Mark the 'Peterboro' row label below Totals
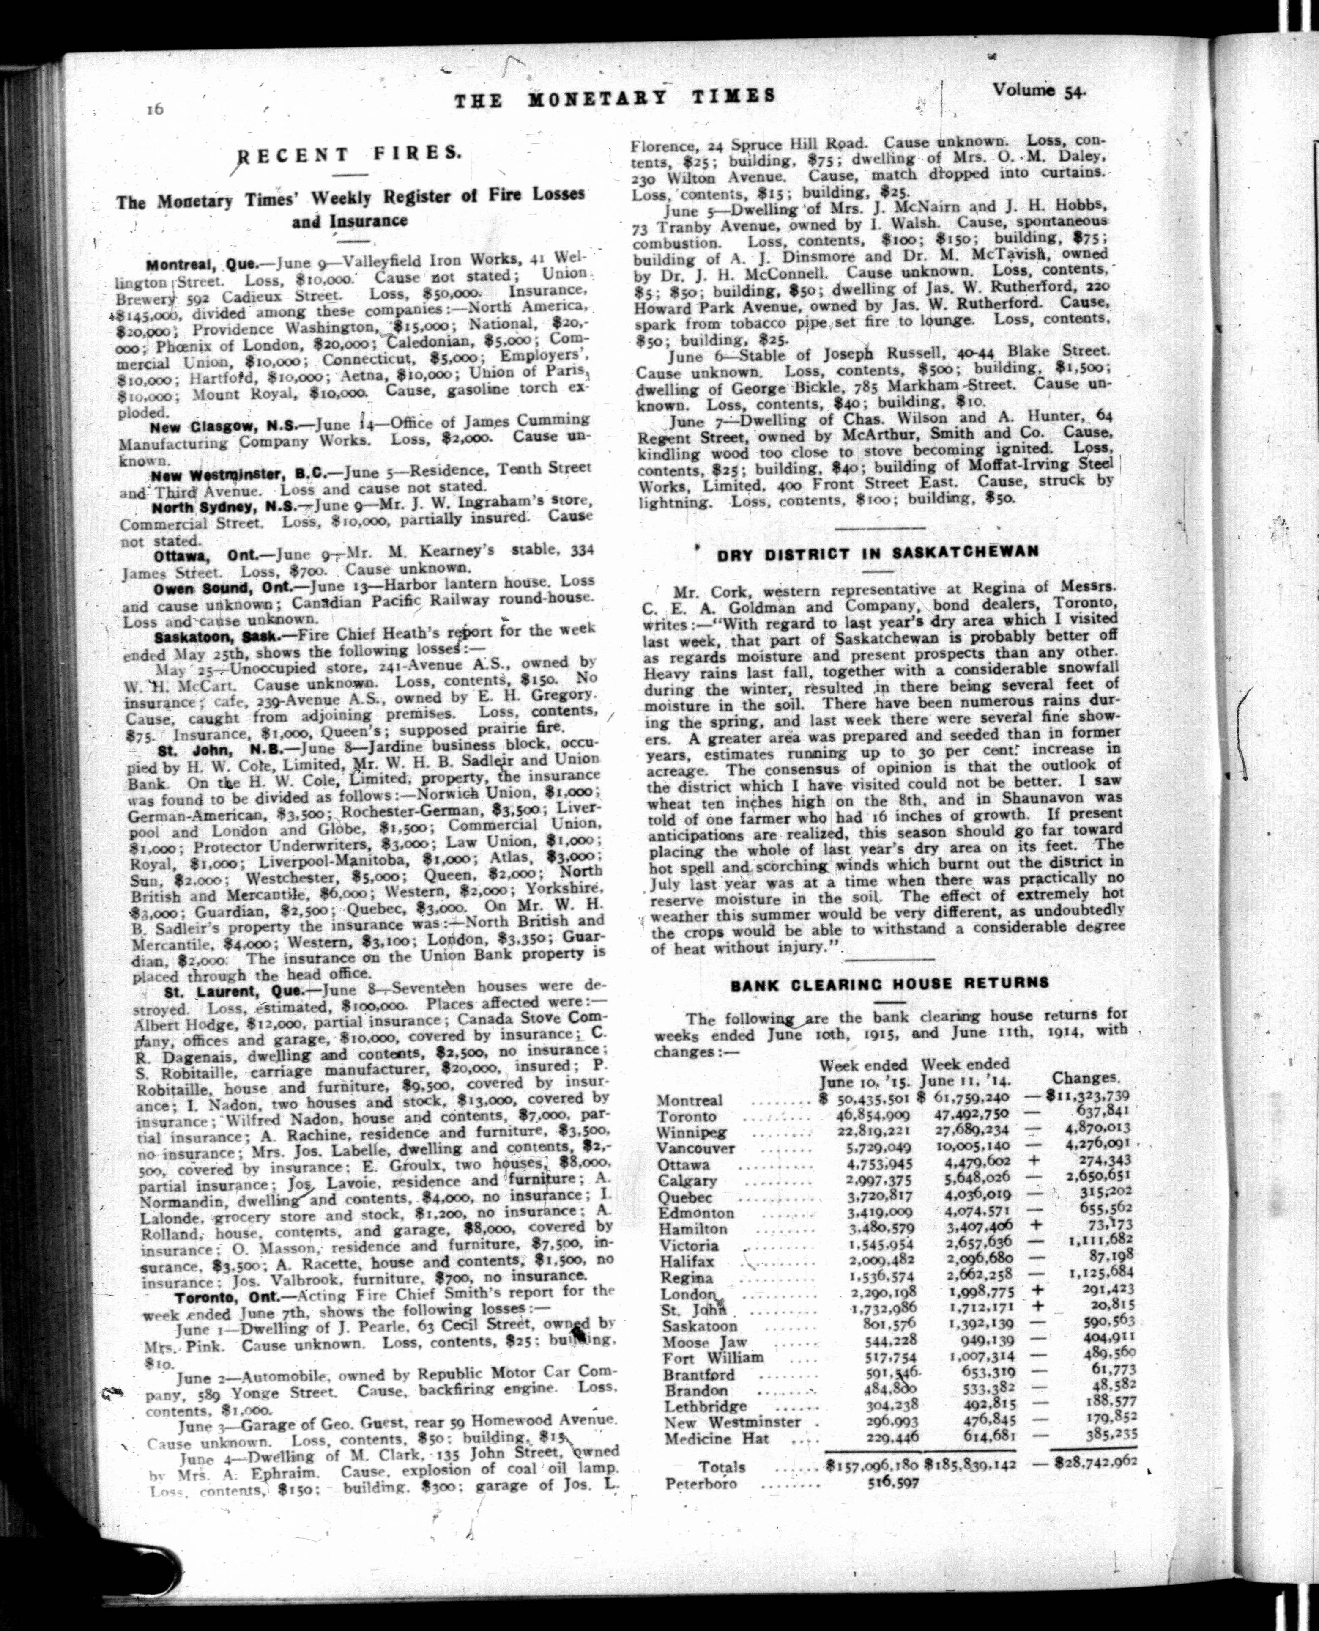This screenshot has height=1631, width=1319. tap(701, 1483)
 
